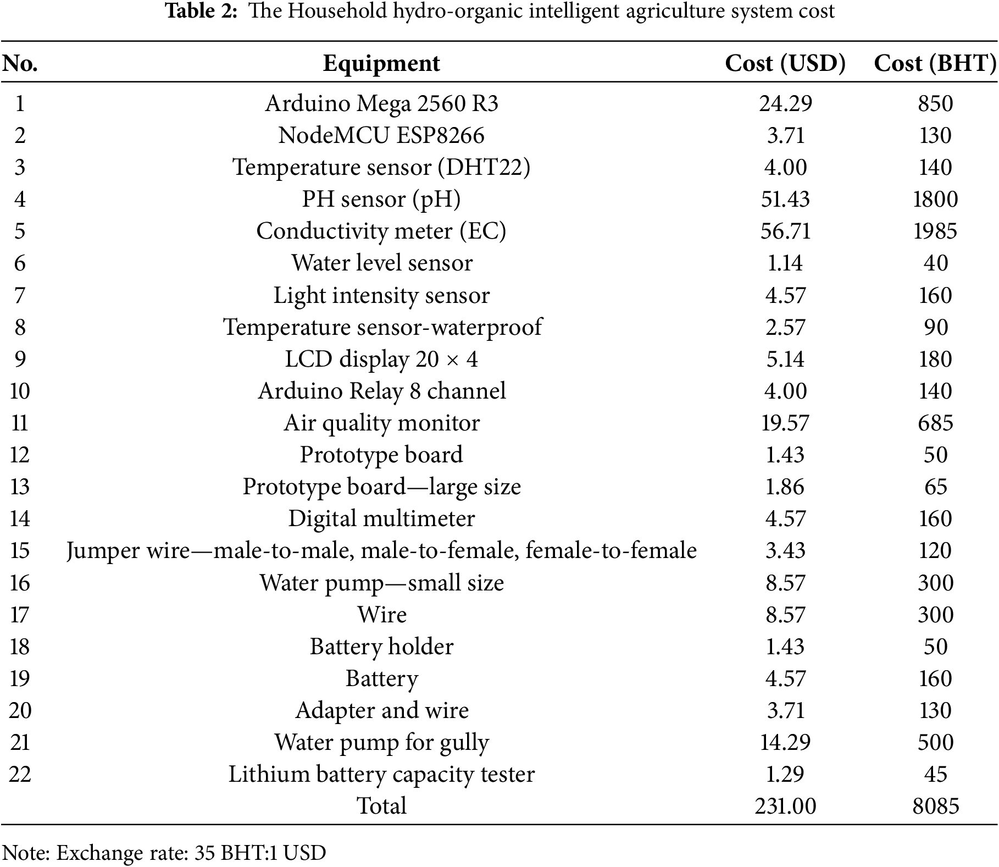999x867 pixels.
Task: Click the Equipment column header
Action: pos(381,63)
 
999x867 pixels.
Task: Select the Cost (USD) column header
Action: pos(785,63)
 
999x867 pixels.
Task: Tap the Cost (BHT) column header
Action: pos(935,63)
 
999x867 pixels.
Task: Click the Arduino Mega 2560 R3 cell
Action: pos(381,103)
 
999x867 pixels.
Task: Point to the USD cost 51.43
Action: pos(785,199)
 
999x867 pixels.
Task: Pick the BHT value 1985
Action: pos(935,231)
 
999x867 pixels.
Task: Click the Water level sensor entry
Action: pos(381,263)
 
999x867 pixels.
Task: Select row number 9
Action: pos(20,359)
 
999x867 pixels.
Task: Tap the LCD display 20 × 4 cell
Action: pos(381,359)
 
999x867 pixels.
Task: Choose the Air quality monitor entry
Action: pos(381,423)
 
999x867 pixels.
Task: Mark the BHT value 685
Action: pos(935,423)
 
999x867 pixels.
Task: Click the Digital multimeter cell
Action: pos(381,518)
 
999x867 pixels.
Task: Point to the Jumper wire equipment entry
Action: pos(381,550)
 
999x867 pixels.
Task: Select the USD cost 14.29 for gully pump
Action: pos(785,742)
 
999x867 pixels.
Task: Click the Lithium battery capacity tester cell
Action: pos(381,774)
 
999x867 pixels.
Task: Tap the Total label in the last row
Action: pos(381,806)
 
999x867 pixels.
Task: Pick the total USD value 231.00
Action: pos(785,806)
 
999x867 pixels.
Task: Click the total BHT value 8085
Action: pos(935,806)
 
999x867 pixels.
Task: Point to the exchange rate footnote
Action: pos(164,853)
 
